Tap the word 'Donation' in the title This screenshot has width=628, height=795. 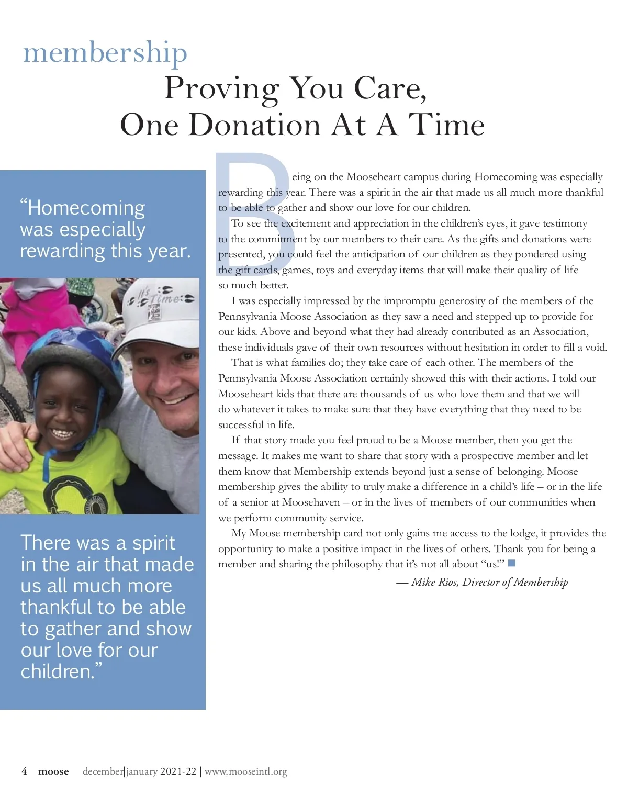(254, 125)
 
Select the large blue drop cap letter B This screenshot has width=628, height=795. (251, 199)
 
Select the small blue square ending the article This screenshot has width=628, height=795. (512, 563)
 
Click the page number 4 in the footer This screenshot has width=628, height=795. (24, 771)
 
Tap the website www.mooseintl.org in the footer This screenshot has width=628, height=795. (246, 771)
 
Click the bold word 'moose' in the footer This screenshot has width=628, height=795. (53, 771)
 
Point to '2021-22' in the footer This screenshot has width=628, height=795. (178, 771)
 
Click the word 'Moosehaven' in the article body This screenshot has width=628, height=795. (311, 502)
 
